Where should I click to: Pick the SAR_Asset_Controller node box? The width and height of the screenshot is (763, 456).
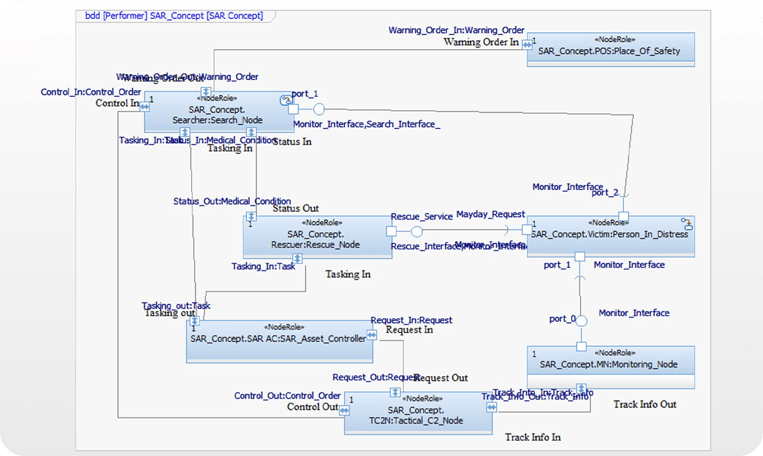279,341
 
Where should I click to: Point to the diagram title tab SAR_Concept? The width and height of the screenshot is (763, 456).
174,16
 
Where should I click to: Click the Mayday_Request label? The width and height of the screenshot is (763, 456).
490,214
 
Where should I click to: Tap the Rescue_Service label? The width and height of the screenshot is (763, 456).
422,216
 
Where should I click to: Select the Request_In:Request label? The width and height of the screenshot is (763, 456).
411,320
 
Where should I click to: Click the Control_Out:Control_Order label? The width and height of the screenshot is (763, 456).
287,396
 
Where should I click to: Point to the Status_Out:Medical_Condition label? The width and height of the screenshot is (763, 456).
232,201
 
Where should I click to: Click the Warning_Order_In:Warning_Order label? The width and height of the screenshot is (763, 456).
456,30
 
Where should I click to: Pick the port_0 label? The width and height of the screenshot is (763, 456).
562,319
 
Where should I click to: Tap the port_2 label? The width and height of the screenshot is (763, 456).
605,192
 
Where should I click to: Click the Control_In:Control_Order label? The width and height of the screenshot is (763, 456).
91,92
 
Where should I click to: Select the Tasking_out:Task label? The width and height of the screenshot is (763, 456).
176,306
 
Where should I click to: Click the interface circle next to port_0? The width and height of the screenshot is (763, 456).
582,321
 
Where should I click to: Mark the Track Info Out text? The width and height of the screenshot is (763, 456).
645,404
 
